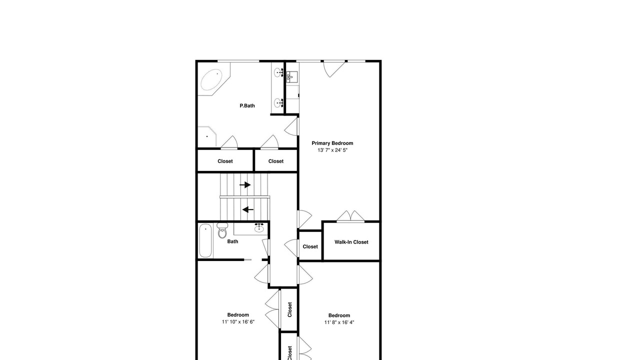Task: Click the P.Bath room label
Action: [x=247, y=105]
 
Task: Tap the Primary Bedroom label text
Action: [x=332, y=143]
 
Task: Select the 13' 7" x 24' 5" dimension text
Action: [x=332, y=150]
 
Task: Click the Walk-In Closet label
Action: [x=351, y=242]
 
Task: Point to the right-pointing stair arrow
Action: [x=245, y=185]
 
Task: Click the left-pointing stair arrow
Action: [x=248, y=209]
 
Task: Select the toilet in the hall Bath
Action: [x=222, y=230]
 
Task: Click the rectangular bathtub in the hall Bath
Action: [x=205, y=241]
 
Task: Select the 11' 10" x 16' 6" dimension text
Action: [x=238, y=322]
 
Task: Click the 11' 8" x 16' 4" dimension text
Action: [x=339, y=322]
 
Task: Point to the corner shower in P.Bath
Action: [x=207, y=136]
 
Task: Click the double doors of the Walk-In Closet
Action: [x=350, y=216]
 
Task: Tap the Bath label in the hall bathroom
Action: [x=232, y=241]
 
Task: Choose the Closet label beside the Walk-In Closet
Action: [x=310, y=246]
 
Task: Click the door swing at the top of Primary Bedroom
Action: [x=333, y=69]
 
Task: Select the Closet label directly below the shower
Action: [x=225, y=161]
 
